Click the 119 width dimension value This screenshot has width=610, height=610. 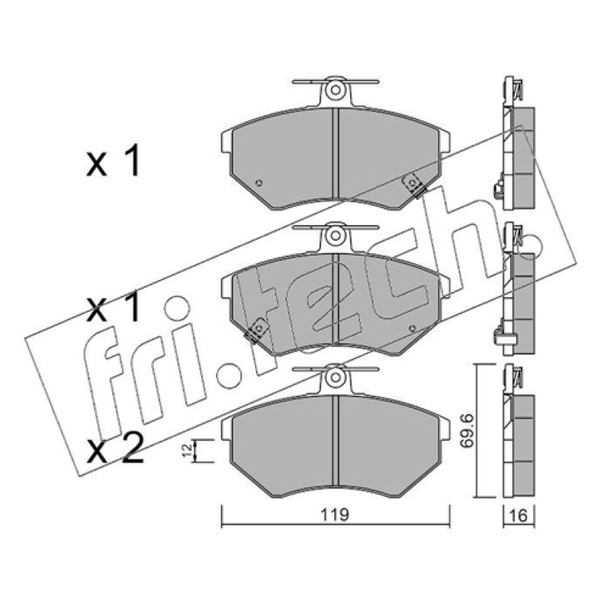coord(335,515)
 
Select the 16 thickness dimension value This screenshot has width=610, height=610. coord(518,515)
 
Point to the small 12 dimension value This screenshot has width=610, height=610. coord(187,451)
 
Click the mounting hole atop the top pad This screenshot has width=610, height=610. coord(335,91)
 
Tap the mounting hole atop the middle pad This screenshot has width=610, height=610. coord(335,236)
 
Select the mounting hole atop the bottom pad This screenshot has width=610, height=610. coord(335,378)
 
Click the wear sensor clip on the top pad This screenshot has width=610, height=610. coord(413,185)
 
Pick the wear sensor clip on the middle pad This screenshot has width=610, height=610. coord(255,331)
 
